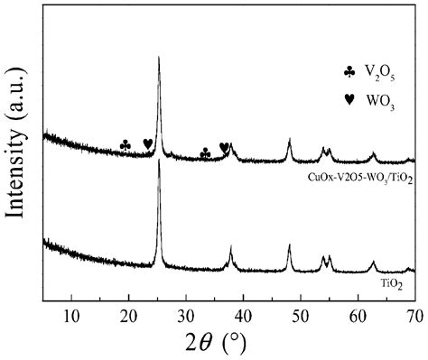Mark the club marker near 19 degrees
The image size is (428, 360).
tap(126, 144)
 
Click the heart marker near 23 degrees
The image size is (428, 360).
tap(148, 143)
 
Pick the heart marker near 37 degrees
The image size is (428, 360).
tap(224, 147)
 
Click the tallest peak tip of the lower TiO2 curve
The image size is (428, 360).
tap(160, 161)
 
